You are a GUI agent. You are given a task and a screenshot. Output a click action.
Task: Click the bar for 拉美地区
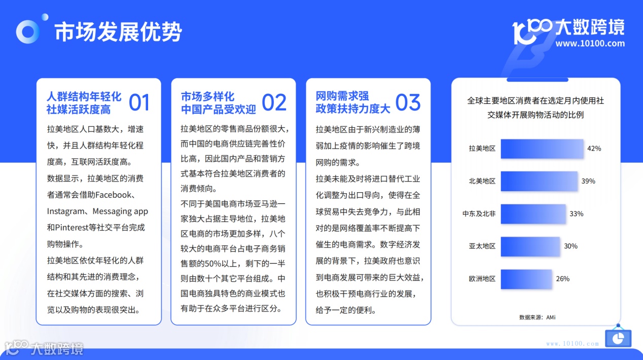542,149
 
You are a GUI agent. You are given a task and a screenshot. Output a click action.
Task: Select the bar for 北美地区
539,181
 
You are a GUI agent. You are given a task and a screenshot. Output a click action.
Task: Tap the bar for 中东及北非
532,213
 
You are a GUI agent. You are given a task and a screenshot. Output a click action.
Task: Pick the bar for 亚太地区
530,246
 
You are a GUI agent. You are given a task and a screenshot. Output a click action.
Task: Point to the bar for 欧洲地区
526,278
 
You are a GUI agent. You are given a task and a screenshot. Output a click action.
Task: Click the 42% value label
594,149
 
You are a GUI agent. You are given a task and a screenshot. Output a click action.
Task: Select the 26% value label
562,278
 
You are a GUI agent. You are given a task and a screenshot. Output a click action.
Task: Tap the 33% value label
576,213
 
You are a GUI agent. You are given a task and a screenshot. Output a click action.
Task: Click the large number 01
139,102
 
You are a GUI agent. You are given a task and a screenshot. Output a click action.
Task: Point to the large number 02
274,102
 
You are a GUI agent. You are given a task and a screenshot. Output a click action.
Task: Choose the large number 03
408,102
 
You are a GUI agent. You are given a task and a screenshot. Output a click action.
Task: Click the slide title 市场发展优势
118,31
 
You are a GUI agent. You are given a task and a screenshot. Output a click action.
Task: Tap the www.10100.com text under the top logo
590,44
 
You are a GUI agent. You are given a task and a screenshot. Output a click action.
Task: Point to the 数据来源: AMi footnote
537,317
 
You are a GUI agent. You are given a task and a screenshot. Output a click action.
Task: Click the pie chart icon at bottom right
618,337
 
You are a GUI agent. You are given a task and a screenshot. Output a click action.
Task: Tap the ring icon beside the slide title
28,31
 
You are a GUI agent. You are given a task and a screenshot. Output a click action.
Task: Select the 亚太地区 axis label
482,246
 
